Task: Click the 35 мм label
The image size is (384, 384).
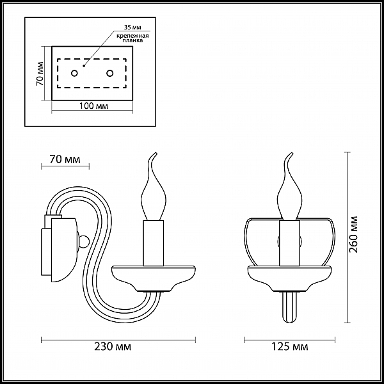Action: [x=132, y=27]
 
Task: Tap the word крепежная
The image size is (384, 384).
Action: [x=132, y=36]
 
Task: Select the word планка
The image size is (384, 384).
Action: [x=132, y=41]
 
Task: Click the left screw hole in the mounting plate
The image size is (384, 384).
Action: [x=74, y=73]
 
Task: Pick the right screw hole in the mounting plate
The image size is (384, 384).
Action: [x=110, y=73]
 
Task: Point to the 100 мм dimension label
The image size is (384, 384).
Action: [x=94, y=106]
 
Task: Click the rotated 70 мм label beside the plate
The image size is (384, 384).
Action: [x=40, y=74]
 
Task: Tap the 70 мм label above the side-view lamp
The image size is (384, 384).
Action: [x=65, y=159]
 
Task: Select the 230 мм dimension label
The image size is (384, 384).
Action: [x=113, y=346]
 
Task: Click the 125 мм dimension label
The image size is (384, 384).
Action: [x=290, y=346]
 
